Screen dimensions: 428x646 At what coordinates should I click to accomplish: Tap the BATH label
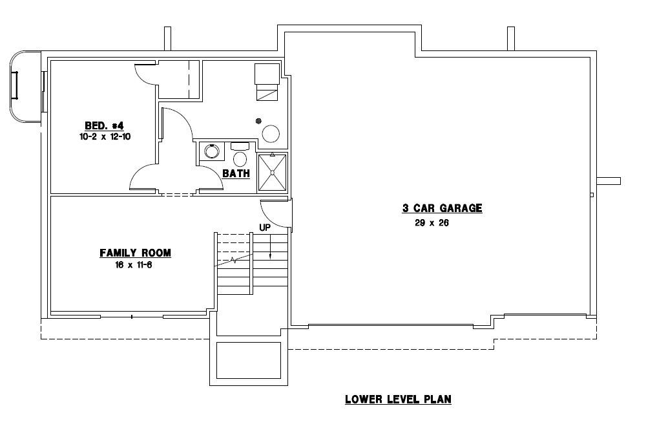[236, 173]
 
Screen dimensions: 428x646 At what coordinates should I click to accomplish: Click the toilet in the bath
[240, 155]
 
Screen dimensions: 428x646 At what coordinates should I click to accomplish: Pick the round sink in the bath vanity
[211, 152]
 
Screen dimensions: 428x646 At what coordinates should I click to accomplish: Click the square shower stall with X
[272, 173]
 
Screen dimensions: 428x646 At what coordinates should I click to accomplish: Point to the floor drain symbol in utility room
[258, 120]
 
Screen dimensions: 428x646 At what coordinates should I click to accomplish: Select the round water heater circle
[270, 134]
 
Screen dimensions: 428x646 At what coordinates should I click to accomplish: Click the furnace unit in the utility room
[266, 82]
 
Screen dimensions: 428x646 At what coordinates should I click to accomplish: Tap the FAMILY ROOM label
[135, 253]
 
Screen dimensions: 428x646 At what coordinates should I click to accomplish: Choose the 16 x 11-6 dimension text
[135, 264]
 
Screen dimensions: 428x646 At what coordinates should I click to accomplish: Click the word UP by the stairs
[265, 228]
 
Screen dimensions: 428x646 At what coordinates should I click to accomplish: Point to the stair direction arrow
[270, 246]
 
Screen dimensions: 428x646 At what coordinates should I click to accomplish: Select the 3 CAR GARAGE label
[443, 208]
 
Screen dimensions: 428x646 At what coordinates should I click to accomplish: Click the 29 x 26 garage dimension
[432, 223]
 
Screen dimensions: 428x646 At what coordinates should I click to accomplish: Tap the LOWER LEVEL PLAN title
[398, 399]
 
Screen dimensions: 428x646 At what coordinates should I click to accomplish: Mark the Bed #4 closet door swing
[146, 74]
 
